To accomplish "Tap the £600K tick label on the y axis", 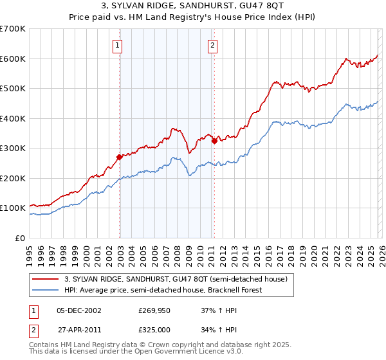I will point(12,59).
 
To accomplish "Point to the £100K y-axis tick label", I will point(12,208).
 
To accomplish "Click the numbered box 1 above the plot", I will point(119,45).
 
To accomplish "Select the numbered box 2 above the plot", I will point(213,45).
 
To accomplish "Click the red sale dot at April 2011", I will point(214,141).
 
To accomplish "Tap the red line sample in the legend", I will point(46,279).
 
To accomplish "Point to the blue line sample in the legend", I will point(46,290).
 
